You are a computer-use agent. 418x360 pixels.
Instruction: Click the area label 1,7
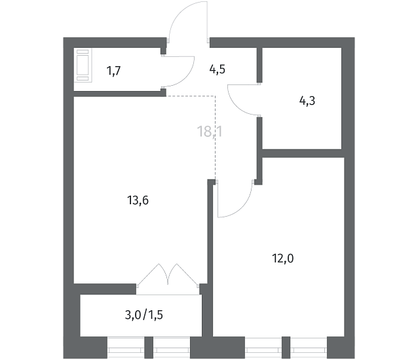[x=113, y=71]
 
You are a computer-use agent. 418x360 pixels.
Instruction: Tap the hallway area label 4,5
[x=218, y=69]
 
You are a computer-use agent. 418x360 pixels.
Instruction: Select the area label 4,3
[x=307, y=101]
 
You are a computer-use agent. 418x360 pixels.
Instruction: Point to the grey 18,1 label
[x=210, y=132]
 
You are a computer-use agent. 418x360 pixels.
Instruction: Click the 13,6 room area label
[x=138, y=200]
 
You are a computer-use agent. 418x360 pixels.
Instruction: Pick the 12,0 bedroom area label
[x=283, y=259]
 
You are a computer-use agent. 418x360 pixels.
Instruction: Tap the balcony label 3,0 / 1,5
[x=144, y=315]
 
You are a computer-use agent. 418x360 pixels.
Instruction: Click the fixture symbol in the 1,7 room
[x=83, y=65]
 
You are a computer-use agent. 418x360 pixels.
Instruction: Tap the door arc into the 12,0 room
[x=242, y=207]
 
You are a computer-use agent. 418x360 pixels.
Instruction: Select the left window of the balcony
[x=126, y=348]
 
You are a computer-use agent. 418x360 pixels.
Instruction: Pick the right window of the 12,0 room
[x=309, y=348]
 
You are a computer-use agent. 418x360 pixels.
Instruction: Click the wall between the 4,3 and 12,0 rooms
[x=302, y=153]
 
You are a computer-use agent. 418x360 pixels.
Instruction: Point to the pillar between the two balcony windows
[x=149, y=348]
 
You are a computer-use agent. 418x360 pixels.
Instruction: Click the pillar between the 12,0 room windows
[x=286, y=348]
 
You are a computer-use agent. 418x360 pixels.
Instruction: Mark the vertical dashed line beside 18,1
[x=215, y=137]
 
